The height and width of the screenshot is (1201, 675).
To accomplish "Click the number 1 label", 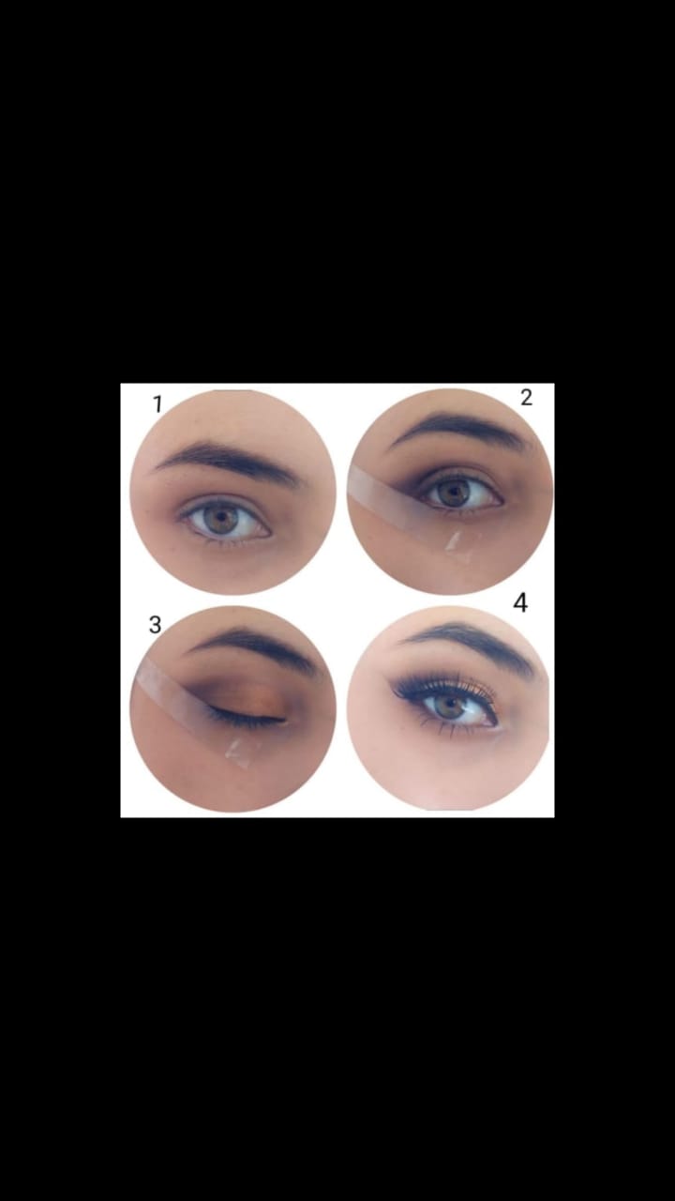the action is point(157,404).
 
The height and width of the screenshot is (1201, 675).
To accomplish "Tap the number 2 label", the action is point(526,397).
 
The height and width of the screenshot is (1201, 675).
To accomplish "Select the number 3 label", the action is point(155,625).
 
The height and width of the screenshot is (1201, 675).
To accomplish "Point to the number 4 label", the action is point(520,602).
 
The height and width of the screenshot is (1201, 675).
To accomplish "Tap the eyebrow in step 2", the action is point(460,427).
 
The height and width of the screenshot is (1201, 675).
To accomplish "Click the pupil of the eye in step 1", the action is point(220,517).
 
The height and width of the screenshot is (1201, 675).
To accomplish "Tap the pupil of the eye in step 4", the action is point(450,701).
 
